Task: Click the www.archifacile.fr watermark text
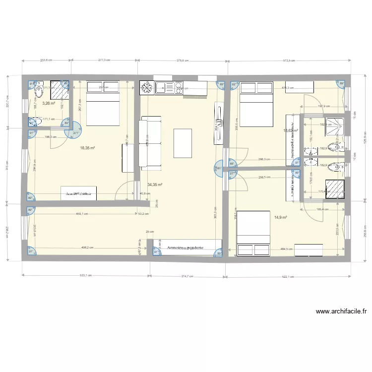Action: click(341, 312)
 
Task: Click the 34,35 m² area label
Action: click(155, 185)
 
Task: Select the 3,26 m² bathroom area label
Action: click(48, 104)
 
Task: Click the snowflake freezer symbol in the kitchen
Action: click(146, 88)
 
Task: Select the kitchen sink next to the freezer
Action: click(163, 88)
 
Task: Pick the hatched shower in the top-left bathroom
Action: click(60, 90)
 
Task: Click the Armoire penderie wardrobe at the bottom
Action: click(187, 247)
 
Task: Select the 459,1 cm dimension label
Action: click(82, 214)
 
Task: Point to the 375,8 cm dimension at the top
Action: click(182, 61)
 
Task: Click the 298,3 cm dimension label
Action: click(264, 160)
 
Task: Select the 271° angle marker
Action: click(76, 133)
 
